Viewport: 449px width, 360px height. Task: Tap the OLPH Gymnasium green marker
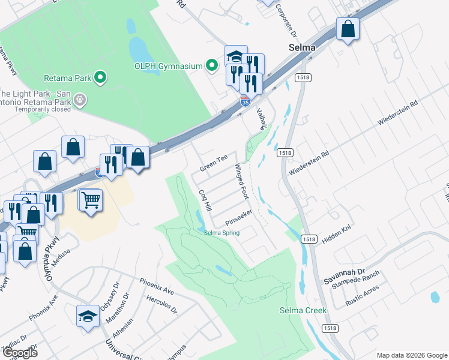211,66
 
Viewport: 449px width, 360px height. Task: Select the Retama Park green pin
101,77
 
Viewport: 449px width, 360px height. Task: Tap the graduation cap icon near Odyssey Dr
88,316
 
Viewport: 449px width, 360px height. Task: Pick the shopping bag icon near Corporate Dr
348,28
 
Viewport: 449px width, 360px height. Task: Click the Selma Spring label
221,233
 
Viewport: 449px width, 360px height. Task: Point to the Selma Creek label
303,310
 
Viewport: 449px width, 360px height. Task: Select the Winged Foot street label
241,181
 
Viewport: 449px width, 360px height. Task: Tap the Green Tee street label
214,161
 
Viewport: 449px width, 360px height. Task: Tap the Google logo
19,353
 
